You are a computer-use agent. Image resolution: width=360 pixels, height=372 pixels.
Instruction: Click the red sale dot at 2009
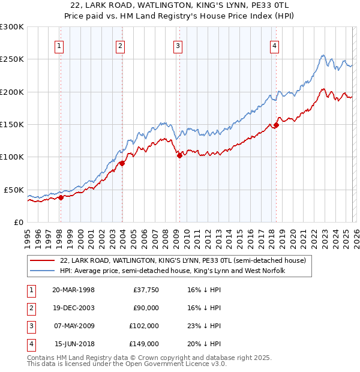(x=179, y=156)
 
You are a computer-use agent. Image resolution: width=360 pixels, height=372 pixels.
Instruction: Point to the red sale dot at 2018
(x=276, y=125)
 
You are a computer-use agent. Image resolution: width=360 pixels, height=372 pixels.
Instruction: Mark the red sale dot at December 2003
(x=122, y=163)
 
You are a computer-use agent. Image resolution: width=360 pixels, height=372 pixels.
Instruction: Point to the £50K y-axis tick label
(x=14, y=190)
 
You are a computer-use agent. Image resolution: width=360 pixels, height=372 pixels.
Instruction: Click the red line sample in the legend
(x=42, y=261)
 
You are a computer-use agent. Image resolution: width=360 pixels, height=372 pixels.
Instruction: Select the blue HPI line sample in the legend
(x=42, y=271)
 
